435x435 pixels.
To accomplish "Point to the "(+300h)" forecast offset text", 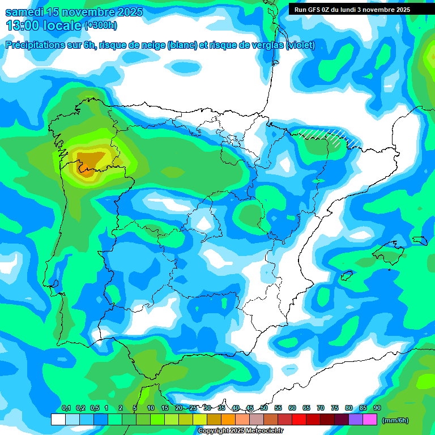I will coord(100,25).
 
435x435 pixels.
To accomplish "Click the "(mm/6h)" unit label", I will coord(395,420).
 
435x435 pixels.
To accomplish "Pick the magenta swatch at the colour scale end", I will coord(370,420).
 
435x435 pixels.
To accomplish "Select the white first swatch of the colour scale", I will coord(58,420).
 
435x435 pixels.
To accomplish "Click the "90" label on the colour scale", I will coord(377,408).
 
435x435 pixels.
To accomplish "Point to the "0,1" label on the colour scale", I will coord(66,408).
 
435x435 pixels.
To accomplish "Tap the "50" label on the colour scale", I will coord(264,408).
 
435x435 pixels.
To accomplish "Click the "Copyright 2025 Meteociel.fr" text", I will coord(240,430).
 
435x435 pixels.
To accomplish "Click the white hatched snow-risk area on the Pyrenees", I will coord(326,136).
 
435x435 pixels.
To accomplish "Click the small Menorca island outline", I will coord(420,240).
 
